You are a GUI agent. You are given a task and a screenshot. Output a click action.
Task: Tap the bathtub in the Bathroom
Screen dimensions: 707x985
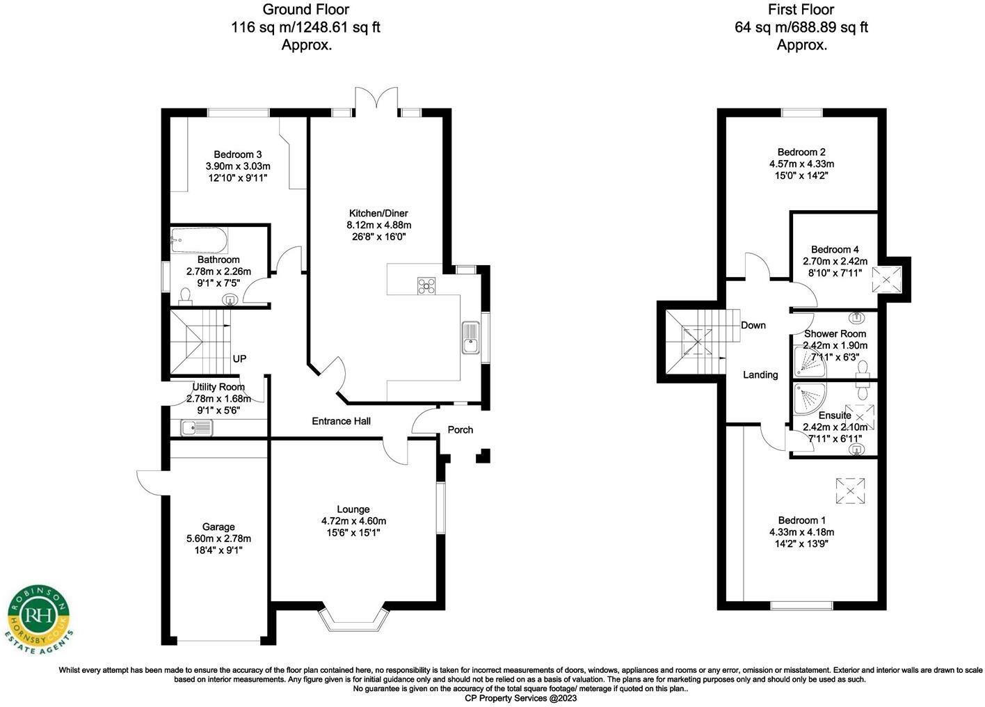199,242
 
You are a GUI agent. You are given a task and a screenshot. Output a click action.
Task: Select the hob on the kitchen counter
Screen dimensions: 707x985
426,285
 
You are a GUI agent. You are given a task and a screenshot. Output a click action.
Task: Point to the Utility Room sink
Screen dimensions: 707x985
197,428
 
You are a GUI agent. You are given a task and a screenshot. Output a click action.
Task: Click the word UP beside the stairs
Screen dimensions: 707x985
239,359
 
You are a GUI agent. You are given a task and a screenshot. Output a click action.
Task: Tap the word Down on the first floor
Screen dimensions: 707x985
753,325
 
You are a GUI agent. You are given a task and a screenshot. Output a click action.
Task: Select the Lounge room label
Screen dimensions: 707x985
353,509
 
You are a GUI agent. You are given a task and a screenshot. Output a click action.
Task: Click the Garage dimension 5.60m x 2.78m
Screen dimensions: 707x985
218,539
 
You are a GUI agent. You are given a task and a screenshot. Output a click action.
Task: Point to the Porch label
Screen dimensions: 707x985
460,430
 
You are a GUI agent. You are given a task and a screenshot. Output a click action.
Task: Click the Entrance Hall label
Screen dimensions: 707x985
341,421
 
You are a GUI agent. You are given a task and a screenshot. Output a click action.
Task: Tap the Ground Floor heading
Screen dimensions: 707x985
305,10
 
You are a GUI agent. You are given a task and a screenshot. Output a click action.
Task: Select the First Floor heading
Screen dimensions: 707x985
801,10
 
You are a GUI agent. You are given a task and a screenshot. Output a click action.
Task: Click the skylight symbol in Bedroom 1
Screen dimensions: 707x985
850,491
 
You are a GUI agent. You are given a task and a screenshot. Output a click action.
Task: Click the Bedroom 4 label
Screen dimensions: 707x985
835,249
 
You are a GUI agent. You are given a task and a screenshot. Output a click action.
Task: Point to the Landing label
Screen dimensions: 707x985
760,375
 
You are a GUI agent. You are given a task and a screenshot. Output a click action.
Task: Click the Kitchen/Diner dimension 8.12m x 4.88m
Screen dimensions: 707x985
378,225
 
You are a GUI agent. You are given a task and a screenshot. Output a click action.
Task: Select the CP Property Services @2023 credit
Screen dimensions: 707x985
520,698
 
